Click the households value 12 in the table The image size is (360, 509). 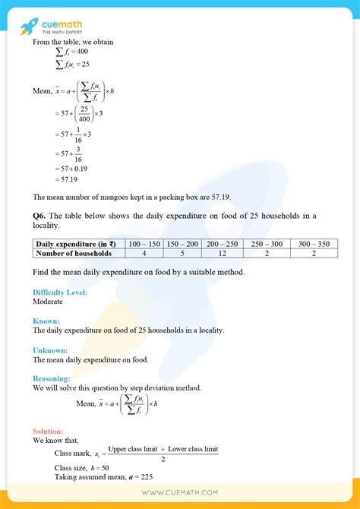click(223, 253)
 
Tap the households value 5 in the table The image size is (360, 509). click(182, 253)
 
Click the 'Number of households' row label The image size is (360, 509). click(74, 253)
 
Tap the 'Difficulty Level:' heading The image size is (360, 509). click(60, 292)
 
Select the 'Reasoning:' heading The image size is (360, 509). click(52, 378)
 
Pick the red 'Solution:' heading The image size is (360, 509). click(49, 431)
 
